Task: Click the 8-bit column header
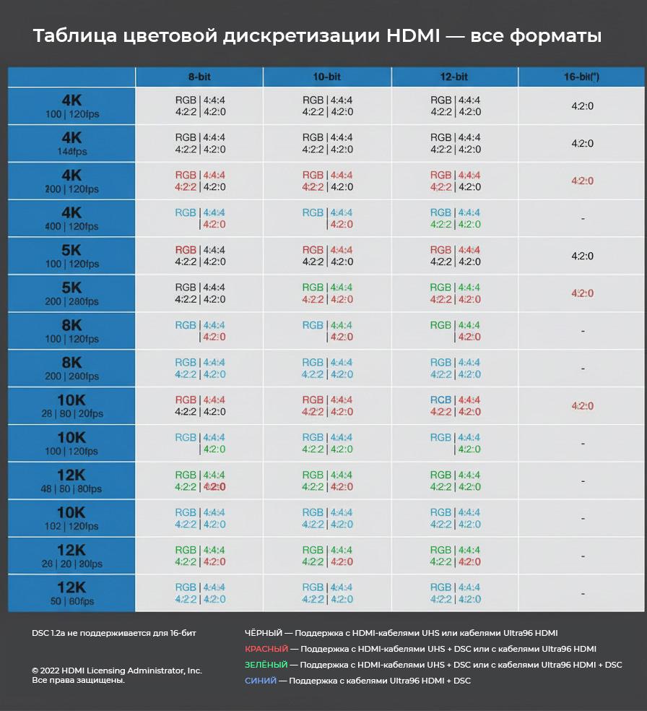(199, 77)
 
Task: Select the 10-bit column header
(327, 77)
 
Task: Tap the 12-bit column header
(454, 77)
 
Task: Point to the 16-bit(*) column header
(581, 77)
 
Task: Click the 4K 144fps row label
(71, 143)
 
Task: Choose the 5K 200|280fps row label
(71, 293)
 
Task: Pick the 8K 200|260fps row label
(71, 368)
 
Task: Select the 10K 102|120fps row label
(71, 518)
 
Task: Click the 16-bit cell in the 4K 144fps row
(582, 143)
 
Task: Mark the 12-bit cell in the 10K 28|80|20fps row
(455, 405)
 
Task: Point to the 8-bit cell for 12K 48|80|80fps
(200, 481)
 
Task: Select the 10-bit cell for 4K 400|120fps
(327, 218)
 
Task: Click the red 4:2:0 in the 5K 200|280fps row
(582, 293)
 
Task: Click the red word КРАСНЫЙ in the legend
(266, 649)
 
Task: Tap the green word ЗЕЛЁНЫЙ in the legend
(266, 665)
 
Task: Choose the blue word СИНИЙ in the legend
(260, 681)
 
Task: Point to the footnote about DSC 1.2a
(113, 633)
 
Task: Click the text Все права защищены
(78, 680)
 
